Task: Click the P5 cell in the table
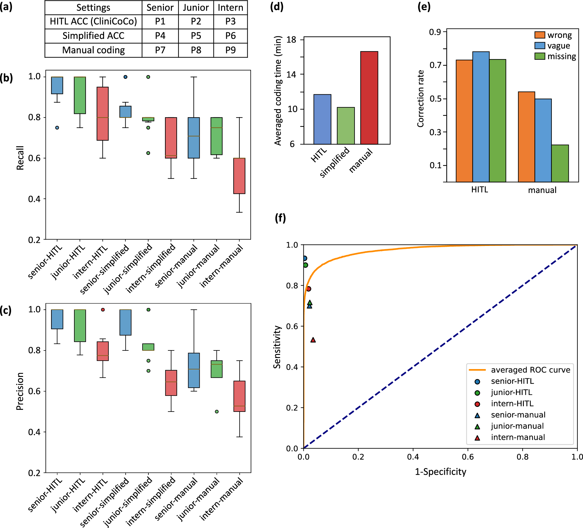(196, 36)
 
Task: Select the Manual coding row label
(93, 50)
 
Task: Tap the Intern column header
(230, 8)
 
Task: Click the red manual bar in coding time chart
(369, 98)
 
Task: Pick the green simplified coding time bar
(346, 125)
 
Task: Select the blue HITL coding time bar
(322, 119)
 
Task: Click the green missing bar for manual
(560, 163)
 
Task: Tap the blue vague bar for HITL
(481, 117)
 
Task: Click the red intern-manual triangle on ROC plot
(313, 340)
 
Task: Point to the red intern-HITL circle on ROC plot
(309, 289)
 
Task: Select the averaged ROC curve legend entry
(519, 370)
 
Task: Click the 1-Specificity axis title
(440, 472)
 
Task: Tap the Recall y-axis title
(20, 158)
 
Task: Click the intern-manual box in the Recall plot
(239, 176)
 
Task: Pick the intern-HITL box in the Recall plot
(103, 114)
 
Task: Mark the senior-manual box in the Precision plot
(194, 370)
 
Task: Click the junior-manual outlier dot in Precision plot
(217, 412)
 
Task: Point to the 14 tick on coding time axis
(291, 74)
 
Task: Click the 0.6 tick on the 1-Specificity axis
(468, 457)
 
